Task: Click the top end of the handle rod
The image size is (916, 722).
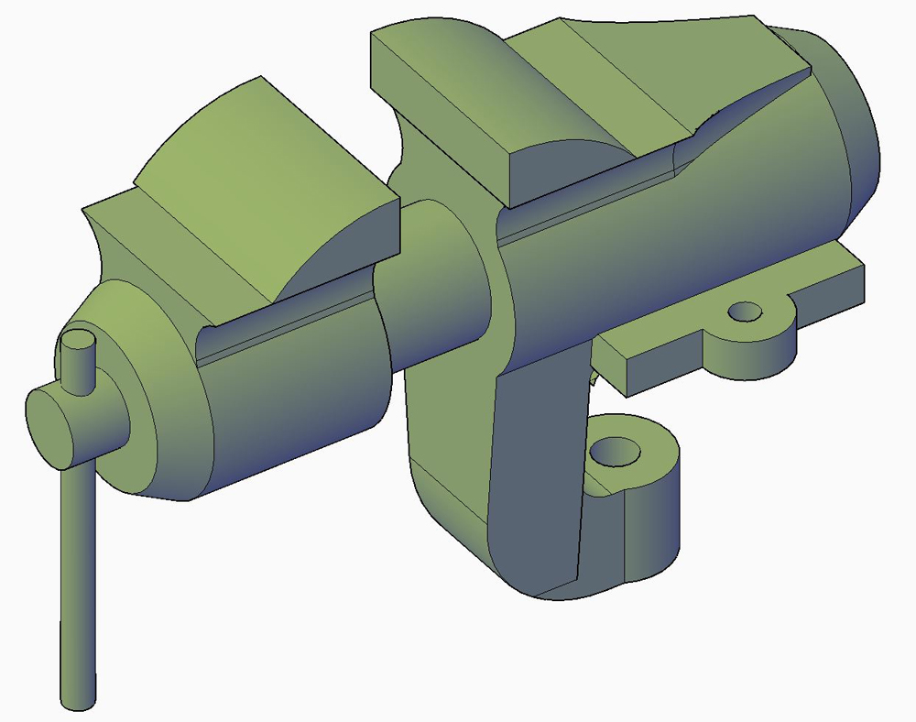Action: coord(78,346)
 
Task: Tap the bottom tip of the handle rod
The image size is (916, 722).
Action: coord(78,702)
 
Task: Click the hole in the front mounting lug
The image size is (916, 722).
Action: coord(615,452)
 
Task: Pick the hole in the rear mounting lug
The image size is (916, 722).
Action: coord(747,313)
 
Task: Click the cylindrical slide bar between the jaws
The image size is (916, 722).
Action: coord(431,284)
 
